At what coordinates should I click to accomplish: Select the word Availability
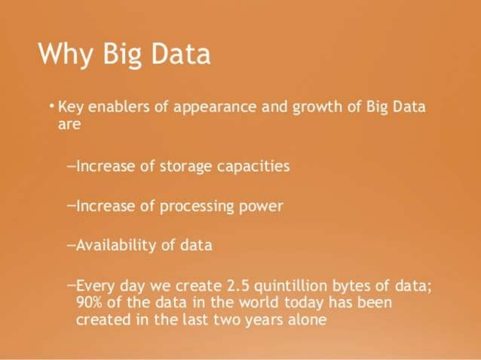point(113,246)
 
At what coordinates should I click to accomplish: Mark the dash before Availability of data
point(71,245)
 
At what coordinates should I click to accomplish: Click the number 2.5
point(240,285)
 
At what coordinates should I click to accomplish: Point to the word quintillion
point(298,286)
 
